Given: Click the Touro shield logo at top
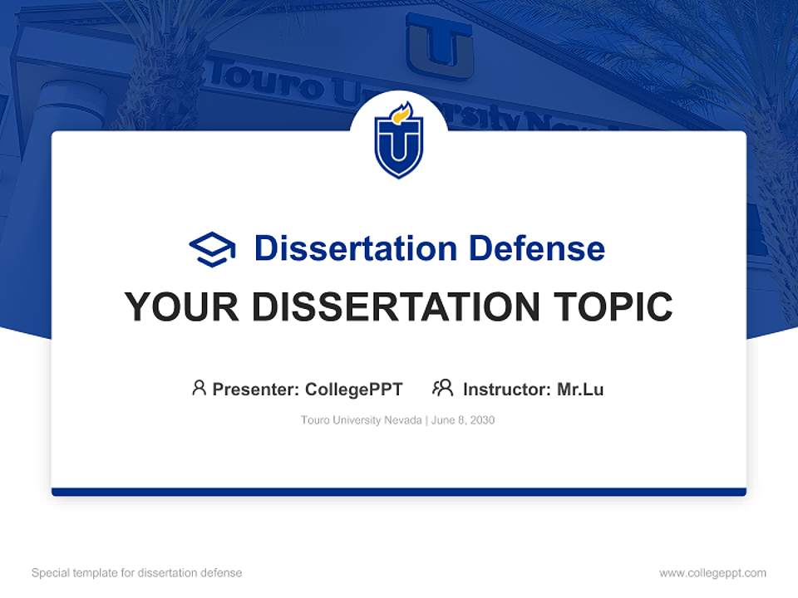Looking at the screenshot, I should coord(399,140).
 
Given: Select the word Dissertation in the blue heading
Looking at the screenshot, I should coord(355,248).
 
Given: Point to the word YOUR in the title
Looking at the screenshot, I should coord(181,307).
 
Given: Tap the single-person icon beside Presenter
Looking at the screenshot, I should coord(199,388).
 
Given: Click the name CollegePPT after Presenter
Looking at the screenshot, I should coord(353,390).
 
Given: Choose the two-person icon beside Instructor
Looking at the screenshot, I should coord(443,388).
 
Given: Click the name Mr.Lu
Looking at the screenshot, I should coord(580,390).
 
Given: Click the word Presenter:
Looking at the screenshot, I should coord(256,390).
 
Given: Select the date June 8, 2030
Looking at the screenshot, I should coord(463,420).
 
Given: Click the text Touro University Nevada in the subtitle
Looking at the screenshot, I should coord(362,420).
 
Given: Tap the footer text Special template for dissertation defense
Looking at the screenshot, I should coord(137,573).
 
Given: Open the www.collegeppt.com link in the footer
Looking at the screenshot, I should coord(712,573).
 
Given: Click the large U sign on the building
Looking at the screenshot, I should coord(440,47).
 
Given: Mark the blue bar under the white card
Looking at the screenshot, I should coord(399,492).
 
